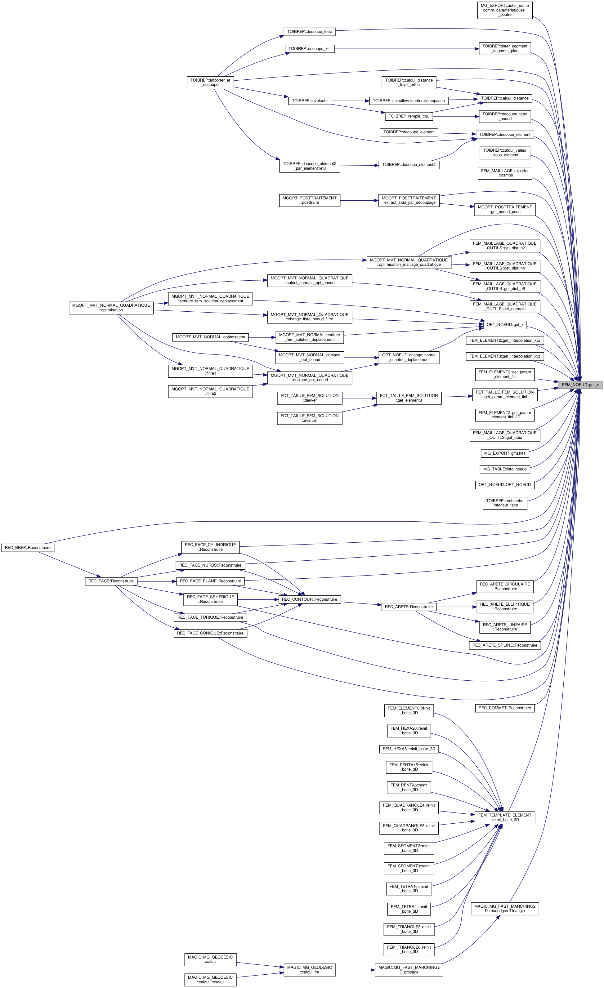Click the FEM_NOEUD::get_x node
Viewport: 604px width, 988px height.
point(580,385)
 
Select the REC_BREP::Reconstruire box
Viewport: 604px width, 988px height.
point(28,547)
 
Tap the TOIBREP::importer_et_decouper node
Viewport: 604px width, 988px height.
point(210,82)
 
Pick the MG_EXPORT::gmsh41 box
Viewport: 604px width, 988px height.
point(504,453)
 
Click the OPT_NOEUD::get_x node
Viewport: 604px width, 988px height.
point(504,324)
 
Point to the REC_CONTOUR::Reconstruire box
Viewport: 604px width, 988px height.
point(309,599)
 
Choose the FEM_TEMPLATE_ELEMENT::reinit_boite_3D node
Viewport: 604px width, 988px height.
point(504,817)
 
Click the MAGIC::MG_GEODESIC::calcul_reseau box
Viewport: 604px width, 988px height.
point(210,980)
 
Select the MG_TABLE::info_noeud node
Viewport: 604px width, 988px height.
point(504,469)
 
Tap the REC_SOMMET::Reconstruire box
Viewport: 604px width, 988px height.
point(504,708)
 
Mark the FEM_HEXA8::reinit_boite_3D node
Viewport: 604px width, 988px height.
point(409,749)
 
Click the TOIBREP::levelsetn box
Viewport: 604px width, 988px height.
point(310,101)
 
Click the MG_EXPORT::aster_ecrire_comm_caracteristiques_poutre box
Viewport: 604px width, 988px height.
point(504,10)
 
